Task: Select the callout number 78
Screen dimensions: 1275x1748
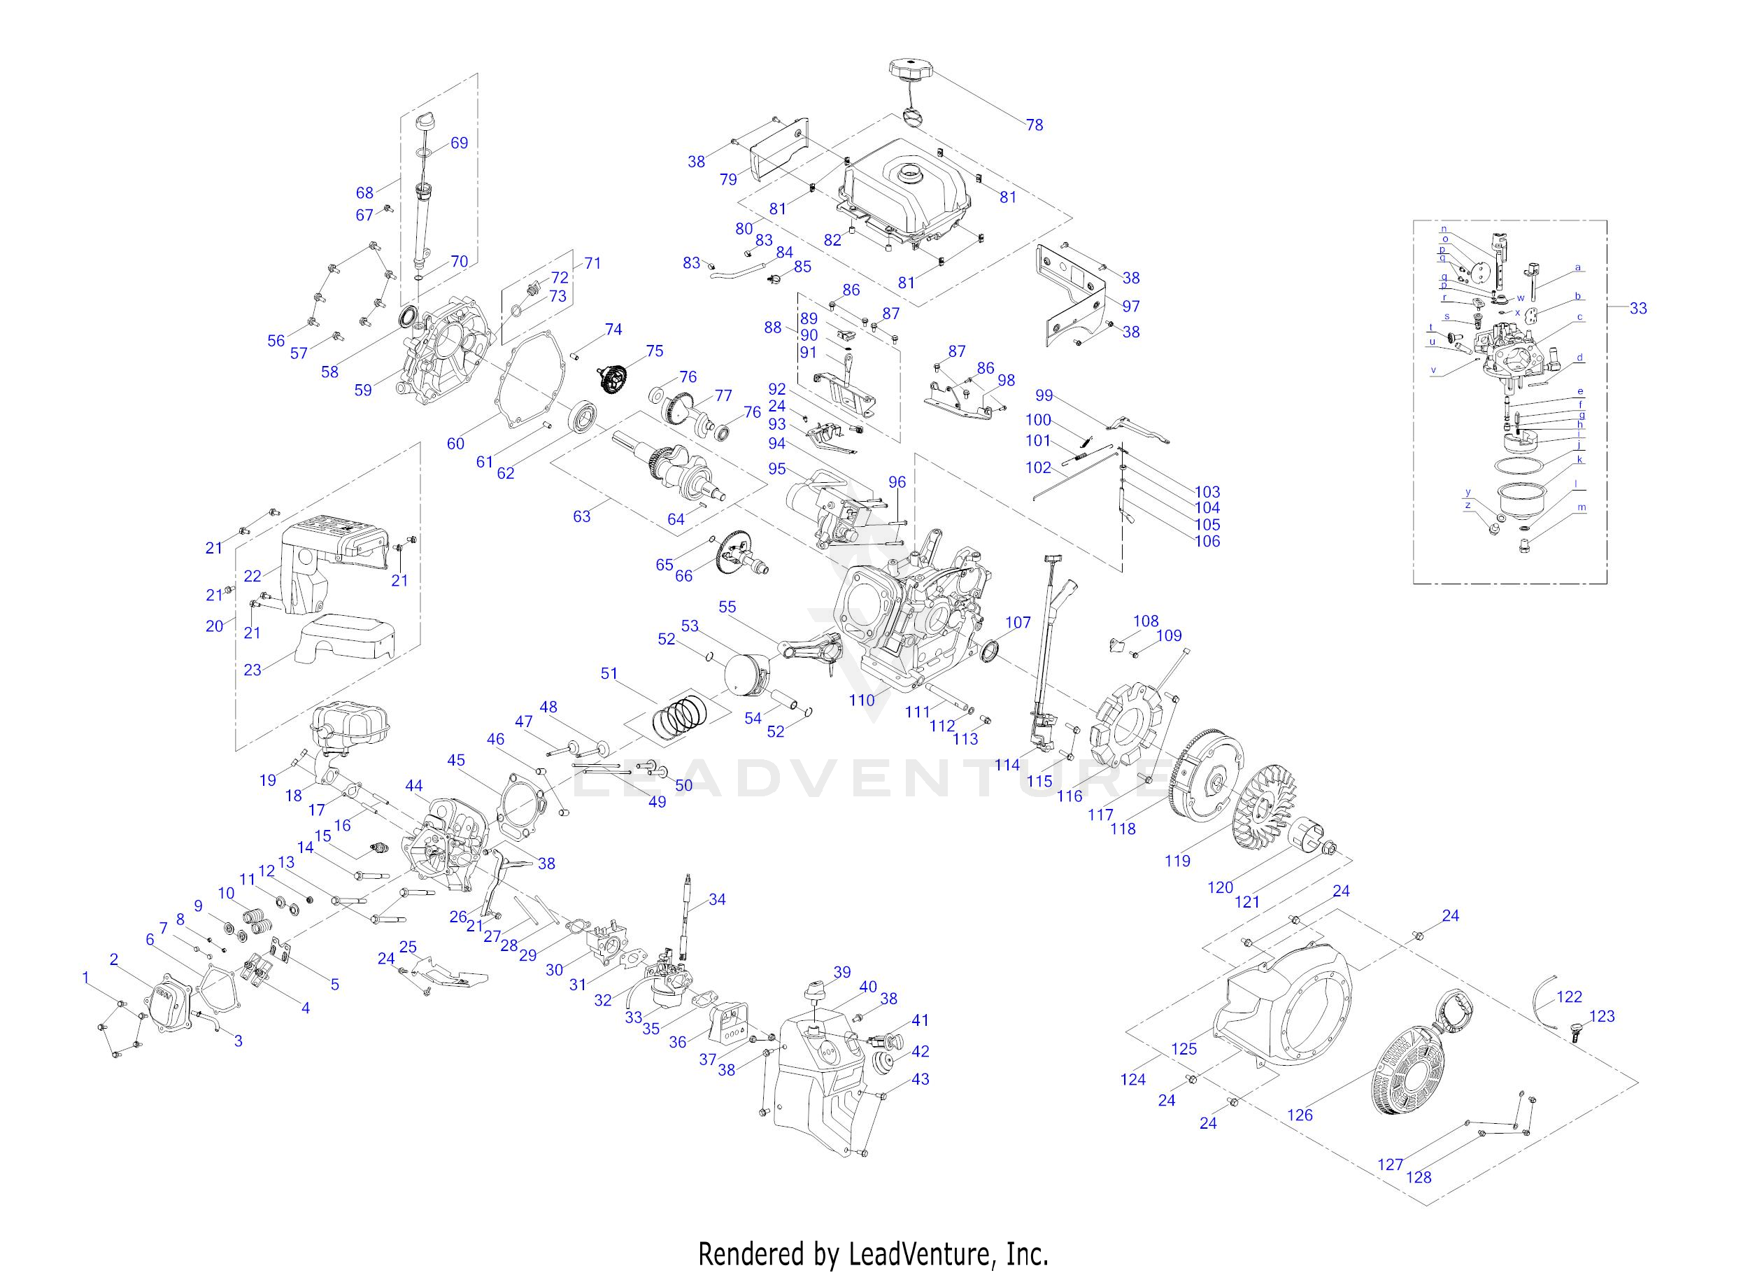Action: tap(1035, 125)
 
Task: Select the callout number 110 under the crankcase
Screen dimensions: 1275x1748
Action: tap(862, 700)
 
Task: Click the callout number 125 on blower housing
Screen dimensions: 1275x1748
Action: tap(1184, 1049)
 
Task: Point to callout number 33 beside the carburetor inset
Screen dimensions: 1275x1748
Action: tap(1637, 309)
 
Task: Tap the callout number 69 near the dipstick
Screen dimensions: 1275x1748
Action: tap(459, 143)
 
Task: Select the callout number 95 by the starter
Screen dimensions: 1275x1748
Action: tap(777, 470)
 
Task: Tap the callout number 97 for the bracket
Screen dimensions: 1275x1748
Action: tap(1130, 307)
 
